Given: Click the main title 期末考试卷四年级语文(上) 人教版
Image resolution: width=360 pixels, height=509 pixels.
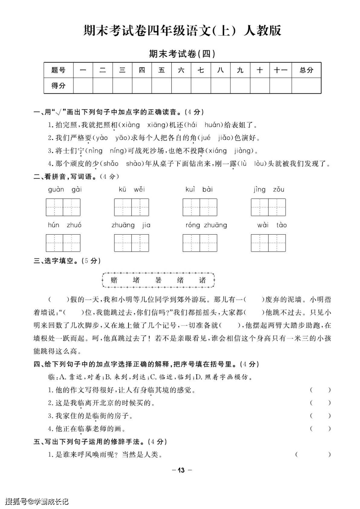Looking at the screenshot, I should (x=182, y=31).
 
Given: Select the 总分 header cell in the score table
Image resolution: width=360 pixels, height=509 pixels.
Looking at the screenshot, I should (x=306, y=70).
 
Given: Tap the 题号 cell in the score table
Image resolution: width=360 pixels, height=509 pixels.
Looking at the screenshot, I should (x=58, y=70).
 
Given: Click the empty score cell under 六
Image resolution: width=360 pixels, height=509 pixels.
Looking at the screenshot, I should (x=181, y=86).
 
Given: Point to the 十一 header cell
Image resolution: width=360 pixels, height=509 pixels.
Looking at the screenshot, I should (x=280, y=70).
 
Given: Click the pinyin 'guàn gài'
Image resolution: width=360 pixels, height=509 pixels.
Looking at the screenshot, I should (x=65, y=190).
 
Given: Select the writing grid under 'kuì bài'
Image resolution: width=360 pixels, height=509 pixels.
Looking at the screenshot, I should (x=199, y=207).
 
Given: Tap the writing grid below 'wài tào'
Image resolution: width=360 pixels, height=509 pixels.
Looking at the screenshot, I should (x=268, y=243).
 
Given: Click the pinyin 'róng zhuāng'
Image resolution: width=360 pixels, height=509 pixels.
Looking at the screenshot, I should (x=206, y=225).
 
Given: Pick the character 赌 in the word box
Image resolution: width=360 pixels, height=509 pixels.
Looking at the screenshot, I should (x=114, y=280).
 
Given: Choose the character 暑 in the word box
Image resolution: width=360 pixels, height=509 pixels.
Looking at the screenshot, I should (x=158, y=280).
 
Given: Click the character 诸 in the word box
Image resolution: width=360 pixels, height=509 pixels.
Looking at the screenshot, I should (x=202, y=280).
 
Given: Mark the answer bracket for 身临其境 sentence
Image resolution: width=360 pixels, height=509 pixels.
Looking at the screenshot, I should (x=320, y=390).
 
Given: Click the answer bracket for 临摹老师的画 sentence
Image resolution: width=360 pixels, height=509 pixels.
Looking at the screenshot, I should (x=320, y=429).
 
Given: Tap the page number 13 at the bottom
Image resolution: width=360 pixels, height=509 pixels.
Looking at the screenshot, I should (x=181, y=470).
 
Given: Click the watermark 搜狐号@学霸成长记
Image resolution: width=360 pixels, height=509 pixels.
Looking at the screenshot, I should (x=37, y=501).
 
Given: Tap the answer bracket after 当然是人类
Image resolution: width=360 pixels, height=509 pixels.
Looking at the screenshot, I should (x=313, y=454).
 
